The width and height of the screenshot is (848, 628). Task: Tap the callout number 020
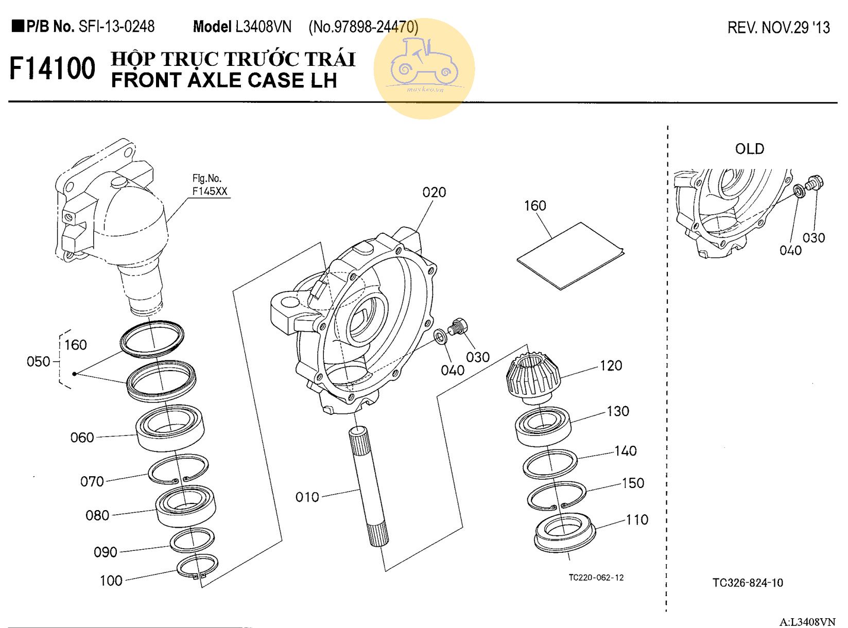[x=434, y=193]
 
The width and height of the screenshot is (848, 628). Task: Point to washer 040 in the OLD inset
[x=799, y=191]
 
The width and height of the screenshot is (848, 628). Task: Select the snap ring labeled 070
[x=178, y=469]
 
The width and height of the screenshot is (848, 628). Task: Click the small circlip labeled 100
[x=197, y=567]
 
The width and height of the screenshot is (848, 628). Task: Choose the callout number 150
[x=633, y=483]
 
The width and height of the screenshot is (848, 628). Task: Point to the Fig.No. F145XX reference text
[x=209, y=185]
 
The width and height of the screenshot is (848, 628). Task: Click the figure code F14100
[x=53, y=68]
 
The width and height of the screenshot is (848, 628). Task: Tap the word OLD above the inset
[x=749, y=149]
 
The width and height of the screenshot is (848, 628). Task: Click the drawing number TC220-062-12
[x=596, y=578]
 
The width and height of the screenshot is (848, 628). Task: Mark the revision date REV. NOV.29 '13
[x=778, y=28]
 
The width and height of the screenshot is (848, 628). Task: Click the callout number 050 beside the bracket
[x=39, y=361]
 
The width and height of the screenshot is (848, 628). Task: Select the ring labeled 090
[x=192, y=539]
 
